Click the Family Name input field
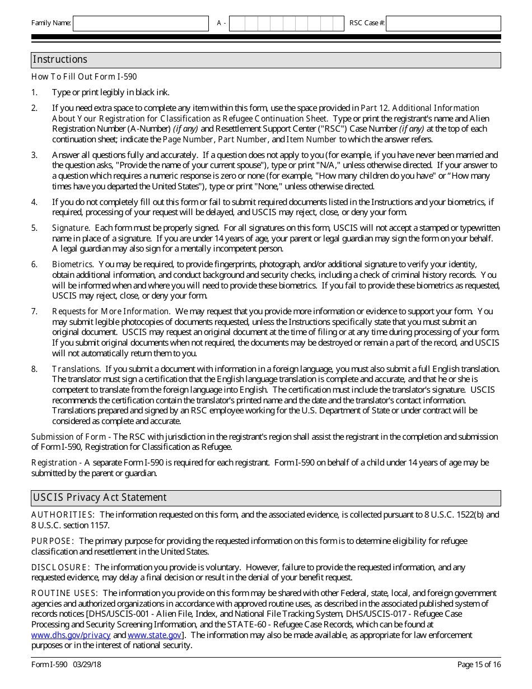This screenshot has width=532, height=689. [141, 23]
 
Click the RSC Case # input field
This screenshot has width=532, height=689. [443, 23]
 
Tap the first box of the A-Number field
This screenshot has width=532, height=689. [236, 23]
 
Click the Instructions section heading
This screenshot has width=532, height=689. [60, 59]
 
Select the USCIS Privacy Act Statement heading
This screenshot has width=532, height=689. [100, 497]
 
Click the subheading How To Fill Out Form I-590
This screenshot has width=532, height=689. [84, 77]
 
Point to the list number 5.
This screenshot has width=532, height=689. [34, 228]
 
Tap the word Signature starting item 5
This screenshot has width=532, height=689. [71, 228]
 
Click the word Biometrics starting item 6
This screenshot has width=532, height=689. [73, 264]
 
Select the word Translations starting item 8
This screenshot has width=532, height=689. [76, 369]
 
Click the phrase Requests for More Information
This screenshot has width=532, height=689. [111, 311]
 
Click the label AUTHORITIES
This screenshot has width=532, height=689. [63, 515]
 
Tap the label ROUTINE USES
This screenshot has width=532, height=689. [65, 593]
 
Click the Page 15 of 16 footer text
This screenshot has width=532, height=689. [479, 665]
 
